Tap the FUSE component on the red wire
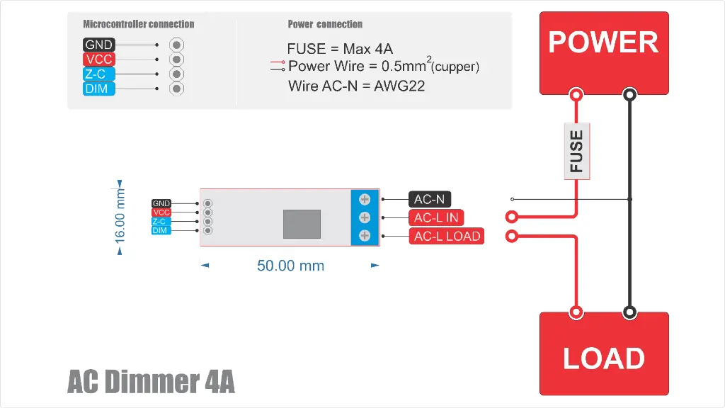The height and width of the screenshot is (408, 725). point(577,151)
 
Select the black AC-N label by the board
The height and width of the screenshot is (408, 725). point(429,200)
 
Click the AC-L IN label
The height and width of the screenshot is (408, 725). point(436,217)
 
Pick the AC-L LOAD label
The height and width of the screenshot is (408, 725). point(447,236)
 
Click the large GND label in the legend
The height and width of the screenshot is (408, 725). point(98,45)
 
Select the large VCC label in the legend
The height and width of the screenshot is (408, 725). point(98,59)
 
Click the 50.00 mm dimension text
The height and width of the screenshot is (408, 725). point(290,266)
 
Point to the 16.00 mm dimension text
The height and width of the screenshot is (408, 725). point(120,215)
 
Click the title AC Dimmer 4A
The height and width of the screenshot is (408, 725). point(151,382)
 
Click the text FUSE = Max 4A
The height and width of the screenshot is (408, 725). point(340,49)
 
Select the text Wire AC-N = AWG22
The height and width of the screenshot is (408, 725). point(356,86)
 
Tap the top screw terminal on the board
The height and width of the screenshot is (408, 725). point(365,200)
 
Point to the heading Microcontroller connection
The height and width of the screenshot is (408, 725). point(138,24)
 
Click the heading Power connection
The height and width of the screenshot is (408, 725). point(325,24)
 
